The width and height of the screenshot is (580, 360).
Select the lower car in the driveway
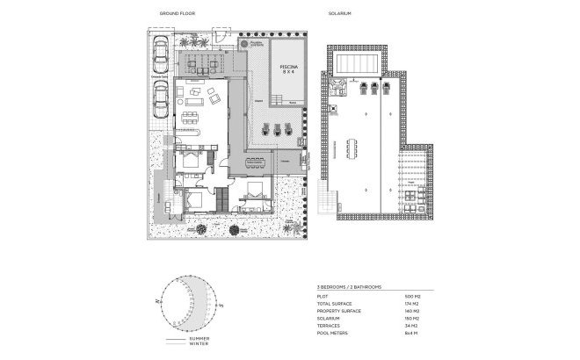(x=160, y=102)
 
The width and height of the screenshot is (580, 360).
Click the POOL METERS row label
(x=330, y=332)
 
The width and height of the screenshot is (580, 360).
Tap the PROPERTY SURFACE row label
(x=337, y=312)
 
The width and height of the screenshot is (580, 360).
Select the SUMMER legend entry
(x=199, y=338)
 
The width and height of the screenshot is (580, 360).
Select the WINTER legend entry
(x=199, y=344)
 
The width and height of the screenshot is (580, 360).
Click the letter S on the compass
(x=224, y=306)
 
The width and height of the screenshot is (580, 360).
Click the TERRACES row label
(x=327, y=325)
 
